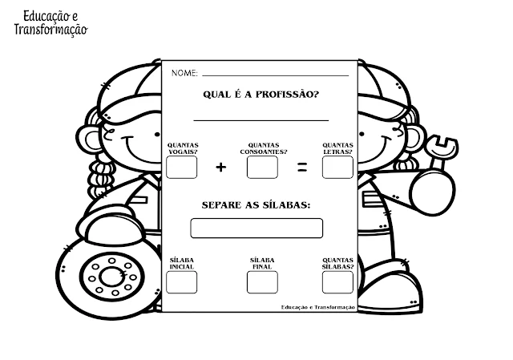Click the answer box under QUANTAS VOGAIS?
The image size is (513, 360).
click(x=181, y=167)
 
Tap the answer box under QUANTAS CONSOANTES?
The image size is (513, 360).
click(x=262, y=167)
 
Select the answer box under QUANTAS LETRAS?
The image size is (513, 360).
click(x=337, y=167)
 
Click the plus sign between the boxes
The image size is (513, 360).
click(x=221, y=168)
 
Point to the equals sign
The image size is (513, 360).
click(x=302, y=168)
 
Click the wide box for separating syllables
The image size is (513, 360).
click(x=256, y=228)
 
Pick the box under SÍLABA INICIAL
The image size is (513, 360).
click(x=181, y=281)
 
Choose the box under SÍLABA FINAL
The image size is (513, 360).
click(x=262, y=281)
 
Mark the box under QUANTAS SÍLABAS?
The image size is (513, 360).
click(x=337, y=281)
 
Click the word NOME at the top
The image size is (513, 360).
click(x=184, y=74)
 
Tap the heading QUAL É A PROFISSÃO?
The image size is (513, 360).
click(x=256, y=94)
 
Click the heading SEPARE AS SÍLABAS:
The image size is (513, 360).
click(x=256, y=204)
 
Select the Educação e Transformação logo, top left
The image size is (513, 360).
click(x=50, y=22)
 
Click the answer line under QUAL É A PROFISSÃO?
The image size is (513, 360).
click(x=262, y=119)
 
